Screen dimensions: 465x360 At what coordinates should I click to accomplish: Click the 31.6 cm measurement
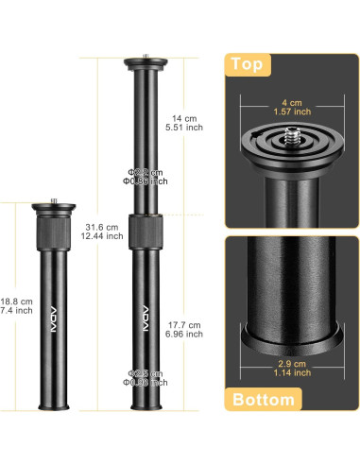101,227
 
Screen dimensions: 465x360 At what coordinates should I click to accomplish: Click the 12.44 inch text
102,236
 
